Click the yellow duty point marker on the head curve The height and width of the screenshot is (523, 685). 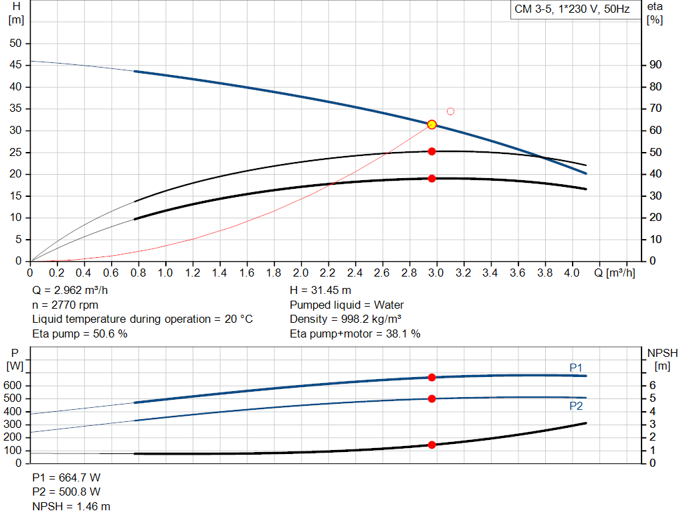431,125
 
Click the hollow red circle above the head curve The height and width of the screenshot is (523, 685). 450,111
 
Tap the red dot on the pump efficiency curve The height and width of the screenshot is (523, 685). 431,151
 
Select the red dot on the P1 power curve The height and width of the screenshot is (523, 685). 431,378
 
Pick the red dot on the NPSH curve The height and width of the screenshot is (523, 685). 431,445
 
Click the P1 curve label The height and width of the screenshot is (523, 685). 576,367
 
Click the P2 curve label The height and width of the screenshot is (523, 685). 576,406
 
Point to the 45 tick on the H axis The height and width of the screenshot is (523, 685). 15,65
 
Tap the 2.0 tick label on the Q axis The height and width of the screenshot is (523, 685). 301,273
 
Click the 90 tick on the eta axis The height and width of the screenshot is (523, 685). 656,65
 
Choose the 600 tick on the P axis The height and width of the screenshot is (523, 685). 14,386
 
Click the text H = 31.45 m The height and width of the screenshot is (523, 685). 320,291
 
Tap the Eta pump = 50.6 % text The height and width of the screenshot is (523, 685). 80,333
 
